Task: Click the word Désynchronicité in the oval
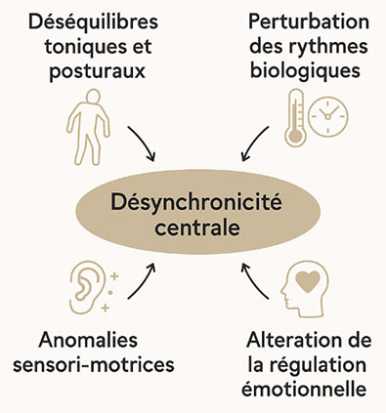[193, 206]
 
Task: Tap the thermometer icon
[296, 115]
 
